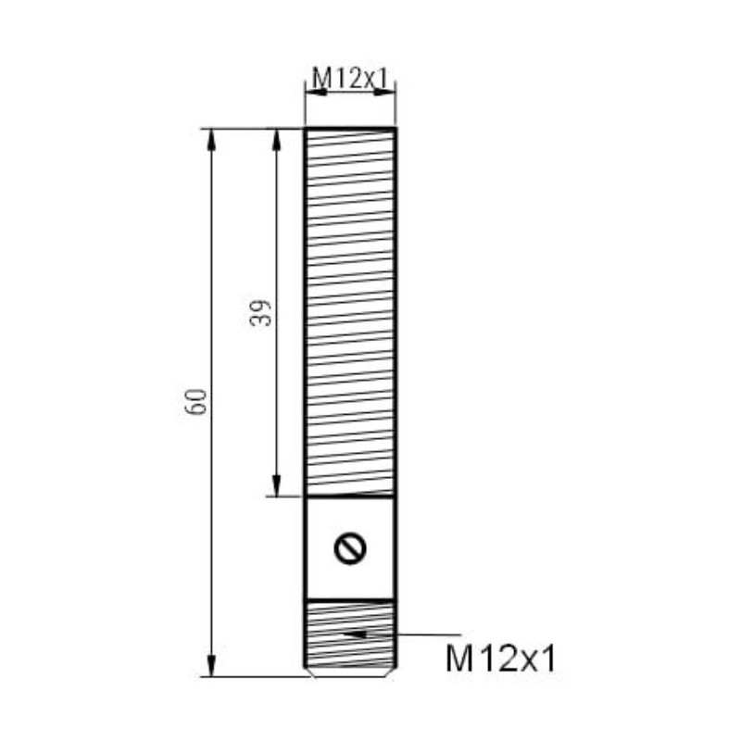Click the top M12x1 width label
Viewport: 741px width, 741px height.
[350, 79]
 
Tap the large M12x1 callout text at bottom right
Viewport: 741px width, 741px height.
[501, 659]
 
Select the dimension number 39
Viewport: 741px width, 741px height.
[261, 312]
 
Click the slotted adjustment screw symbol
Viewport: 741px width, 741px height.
[350, 549]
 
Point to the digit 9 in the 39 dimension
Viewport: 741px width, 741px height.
[261, 306]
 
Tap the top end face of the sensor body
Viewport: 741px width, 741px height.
[350, 129]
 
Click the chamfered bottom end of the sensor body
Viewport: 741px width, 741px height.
[350, 672]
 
